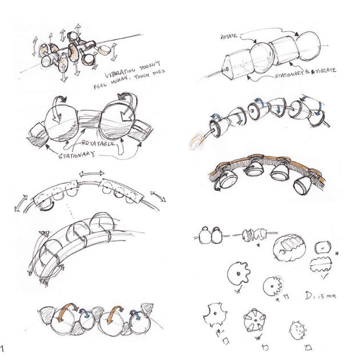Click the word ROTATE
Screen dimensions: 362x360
coord(228,36)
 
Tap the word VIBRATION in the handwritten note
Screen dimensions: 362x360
coord(120,73)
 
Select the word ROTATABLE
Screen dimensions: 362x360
coord(98,143)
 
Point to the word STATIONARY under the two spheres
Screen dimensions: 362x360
coord(77,155)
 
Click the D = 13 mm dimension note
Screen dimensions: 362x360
coord(320,295)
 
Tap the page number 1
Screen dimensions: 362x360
coord(2,348)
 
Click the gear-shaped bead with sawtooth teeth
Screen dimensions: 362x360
coord(273,286)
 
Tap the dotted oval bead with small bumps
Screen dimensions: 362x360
coord(297,330)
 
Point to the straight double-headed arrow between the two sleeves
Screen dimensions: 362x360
coord(91,174)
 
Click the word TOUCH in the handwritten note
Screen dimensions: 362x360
coord(142,76)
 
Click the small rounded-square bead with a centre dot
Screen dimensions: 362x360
coord(323,247)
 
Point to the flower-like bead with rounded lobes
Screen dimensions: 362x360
coord(239,274)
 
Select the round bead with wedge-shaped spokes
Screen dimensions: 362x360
coord(255,320)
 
